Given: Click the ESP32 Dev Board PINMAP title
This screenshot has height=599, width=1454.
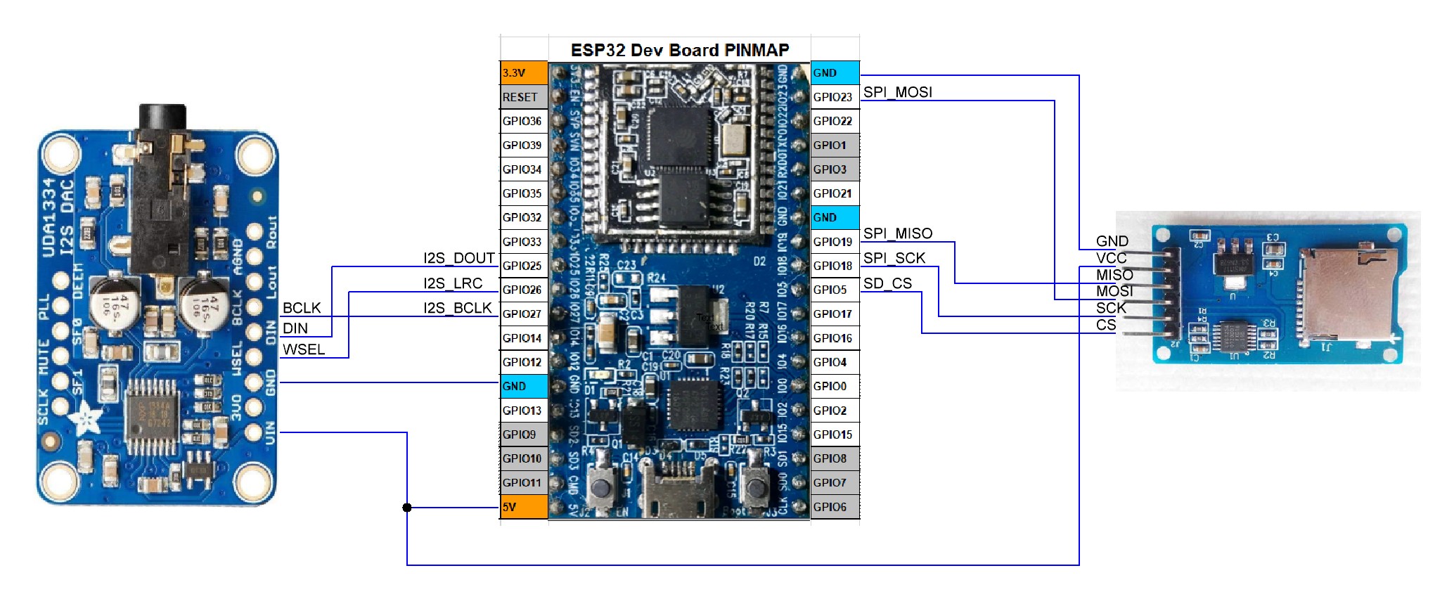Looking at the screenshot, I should click(679, 50).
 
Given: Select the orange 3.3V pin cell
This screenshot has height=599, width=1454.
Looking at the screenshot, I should click(524, 73).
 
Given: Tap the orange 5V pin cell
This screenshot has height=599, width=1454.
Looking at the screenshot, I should click(524, 507).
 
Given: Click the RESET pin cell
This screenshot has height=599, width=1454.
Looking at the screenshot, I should click(524, 97).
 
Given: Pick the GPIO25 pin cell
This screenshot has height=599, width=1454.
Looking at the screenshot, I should click(524, 266).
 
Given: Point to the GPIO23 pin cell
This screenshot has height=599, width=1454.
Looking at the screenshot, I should click(835, 97).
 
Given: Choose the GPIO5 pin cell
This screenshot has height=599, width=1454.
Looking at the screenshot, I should click(835, 290).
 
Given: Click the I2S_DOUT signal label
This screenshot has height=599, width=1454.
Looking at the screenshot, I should click(458, 258).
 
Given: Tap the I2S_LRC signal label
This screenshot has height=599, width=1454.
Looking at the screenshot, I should click(453, 283).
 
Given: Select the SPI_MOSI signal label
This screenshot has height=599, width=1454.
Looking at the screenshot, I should click(898, 92).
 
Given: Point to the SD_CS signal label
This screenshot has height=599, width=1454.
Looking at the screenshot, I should click(887, 283).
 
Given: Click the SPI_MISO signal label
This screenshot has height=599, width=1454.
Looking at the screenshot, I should click(898, 233).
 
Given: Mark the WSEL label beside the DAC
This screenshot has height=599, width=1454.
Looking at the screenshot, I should click(304, 349).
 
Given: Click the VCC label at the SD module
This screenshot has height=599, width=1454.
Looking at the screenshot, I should click(1111, 258).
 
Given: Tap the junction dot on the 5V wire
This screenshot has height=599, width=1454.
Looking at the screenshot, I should click(407, 508).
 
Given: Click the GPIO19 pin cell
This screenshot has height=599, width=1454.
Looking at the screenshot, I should click(835, 242).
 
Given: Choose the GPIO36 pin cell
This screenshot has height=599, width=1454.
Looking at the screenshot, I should click(524, 121).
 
